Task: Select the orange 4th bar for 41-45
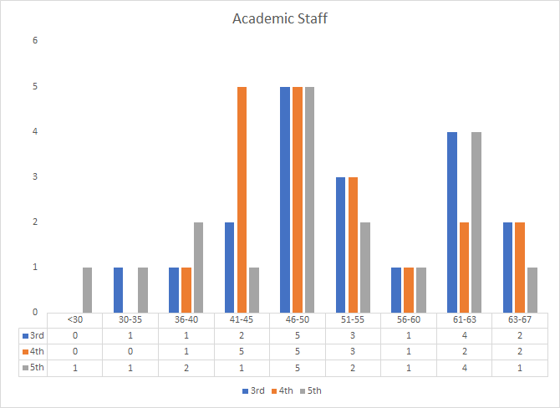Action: [242, 199]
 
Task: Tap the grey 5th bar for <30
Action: [88, 289]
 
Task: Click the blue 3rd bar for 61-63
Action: [451, 222]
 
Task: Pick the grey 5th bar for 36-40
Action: [199, 267]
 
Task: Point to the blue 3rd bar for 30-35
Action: [119, 289]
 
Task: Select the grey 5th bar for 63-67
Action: [532, 289]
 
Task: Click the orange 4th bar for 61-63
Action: [464, 267]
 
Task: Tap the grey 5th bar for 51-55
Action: [365, 267]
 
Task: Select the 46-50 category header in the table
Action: [297, 319]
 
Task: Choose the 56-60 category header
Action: [408, 319]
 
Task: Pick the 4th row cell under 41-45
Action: [242, 351]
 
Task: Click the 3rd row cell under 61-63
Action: [463, 335]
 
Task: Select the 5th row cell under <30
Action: [75, 368]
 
